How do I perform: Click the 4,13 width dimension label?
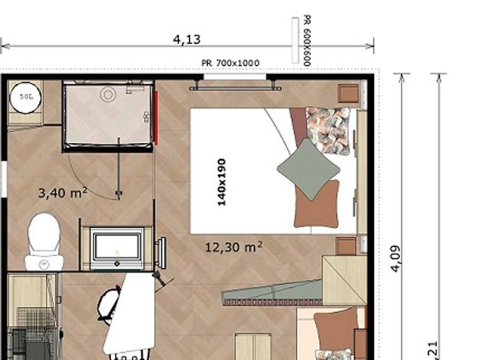[x=187, y=39]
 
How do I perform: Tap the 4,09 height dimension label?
[x=395, y=258]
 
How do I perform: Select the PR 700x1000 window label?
[x=230, y=63]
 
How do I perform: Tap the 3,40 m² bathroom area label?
[x=62, y=192]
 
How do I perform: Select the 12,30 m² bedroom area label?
[x=234, y=247]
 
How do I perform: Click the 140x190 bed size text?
[x=222, y=182]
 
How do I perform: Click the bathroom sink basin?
[x=117, y=249]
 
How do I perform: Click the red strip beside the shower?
[x=156, y=117]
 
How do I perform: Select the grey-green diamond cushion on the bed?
[x=309, y=169]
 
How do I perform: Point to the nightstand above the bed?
[x=349, y=93]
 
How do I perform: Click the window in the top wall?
[x=235, y=77]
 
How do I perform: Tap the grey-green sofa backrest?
[x=272, y=293]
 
